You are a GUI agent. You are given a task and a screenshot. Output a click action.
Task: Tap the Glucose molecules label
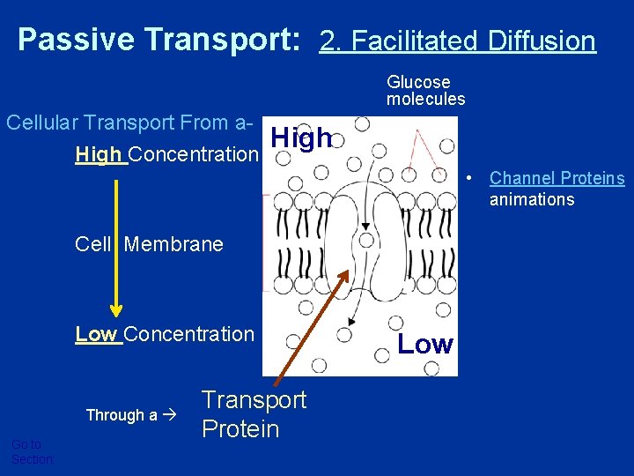tap(425, 91)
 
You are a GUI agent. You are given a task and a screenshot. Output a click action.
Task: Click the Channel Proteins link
tap(557, 179)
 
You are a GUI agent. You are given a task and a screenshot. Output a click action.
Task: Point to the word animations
tap(531, 199)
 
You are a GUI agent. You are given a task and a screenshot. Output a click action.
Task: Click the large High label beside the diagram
tap(301, 138)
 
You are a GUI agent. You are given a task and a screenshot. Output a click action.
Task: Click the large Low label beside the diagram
tap(425, 344)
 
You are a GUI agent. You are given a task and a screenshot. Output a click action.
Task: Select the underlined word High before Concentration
tap(100, 155)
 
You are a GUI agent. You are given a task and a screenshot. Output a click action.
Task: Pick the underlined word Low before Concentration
tap(98, 334)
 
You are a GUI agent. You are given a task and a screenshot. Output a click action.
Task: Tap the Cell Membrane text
tap(149, 244)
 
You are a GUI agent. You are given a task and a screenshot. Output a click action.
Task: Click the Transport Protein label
tap(254, 414)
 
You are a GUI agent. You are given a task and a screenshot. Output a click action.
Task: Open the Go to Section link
tap(32, 452)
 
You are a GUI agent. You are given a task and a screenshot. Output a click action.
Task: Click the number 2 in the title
tap(327, 41)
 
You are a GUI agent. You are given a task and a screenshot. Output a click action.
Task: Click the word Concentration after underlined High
tap(195, 155)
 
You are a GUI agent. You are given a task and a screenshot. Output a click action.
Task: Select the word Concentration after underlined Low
tap(189, 334)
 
